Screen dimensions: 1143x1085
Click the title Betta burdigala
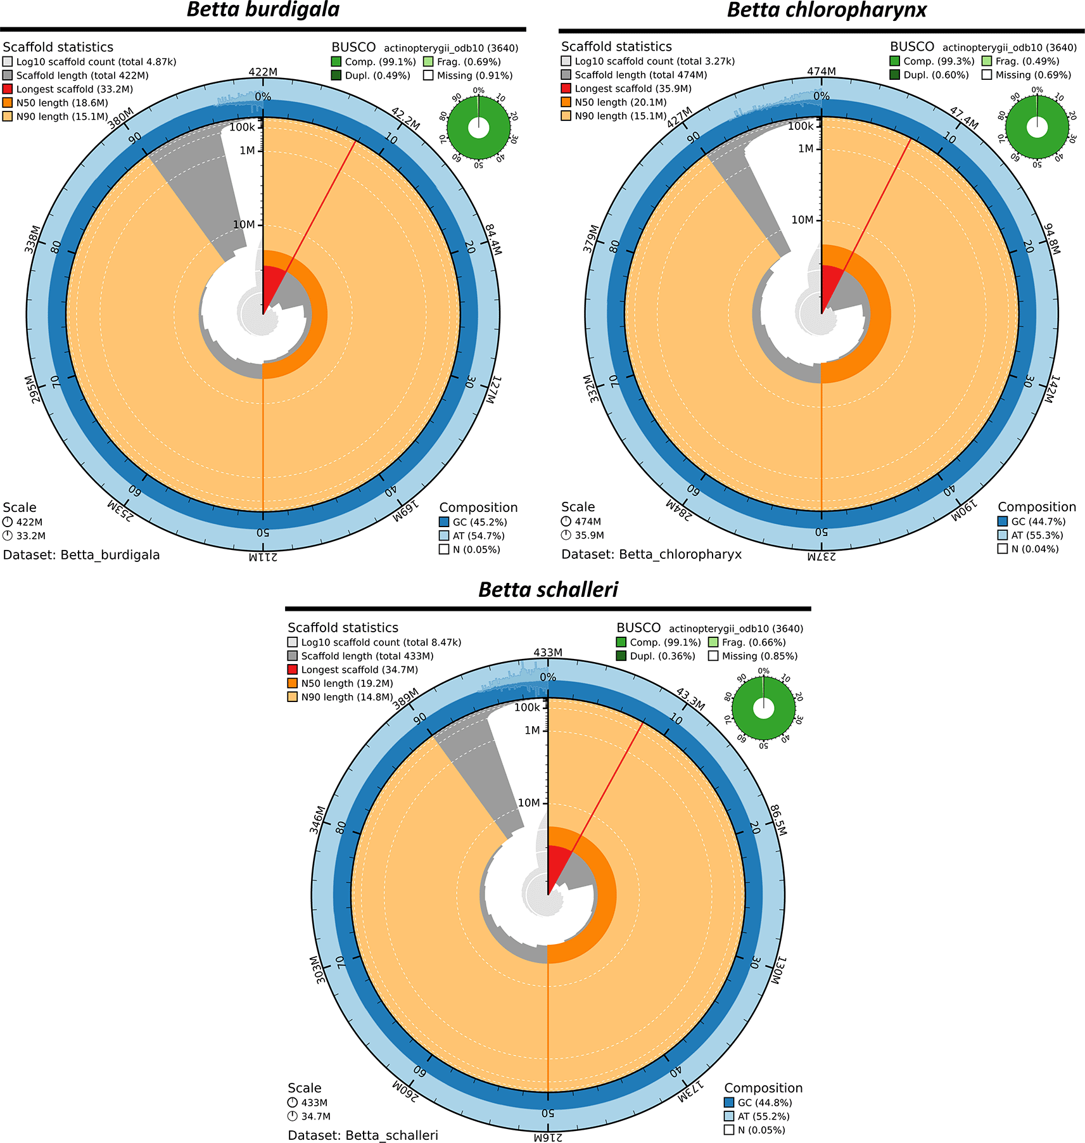[x=263, y=10]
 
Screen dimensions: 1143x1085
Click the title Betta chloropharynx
[x=827, y=10]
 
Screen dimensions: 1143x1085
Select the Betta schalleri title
[x=548, y=590]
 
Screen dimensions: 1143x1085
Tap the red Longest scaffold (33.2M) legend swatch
[x=8, y=89]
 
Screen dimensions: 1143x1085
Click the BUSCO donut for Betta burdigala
[x=478, y=127]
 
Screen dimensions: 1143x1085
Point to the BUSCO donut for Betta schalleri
[x=763, y=708]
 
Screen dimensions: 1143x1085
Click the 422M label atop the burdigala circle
[x=263, y=72]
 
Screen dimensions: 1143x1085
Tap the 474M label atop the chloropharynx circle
[x=822, y=72]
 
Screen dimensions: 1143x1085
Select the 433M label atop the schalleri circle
[x=548, y=653]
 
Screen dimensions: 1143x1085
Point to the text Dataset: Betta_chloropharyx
[x=651, y=554]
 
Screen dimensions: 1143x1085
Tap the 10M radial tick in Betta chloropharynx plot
[x=803, y=220]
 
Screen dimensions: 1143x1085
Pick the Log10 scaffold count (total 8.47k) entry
[x=381, y=642]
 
